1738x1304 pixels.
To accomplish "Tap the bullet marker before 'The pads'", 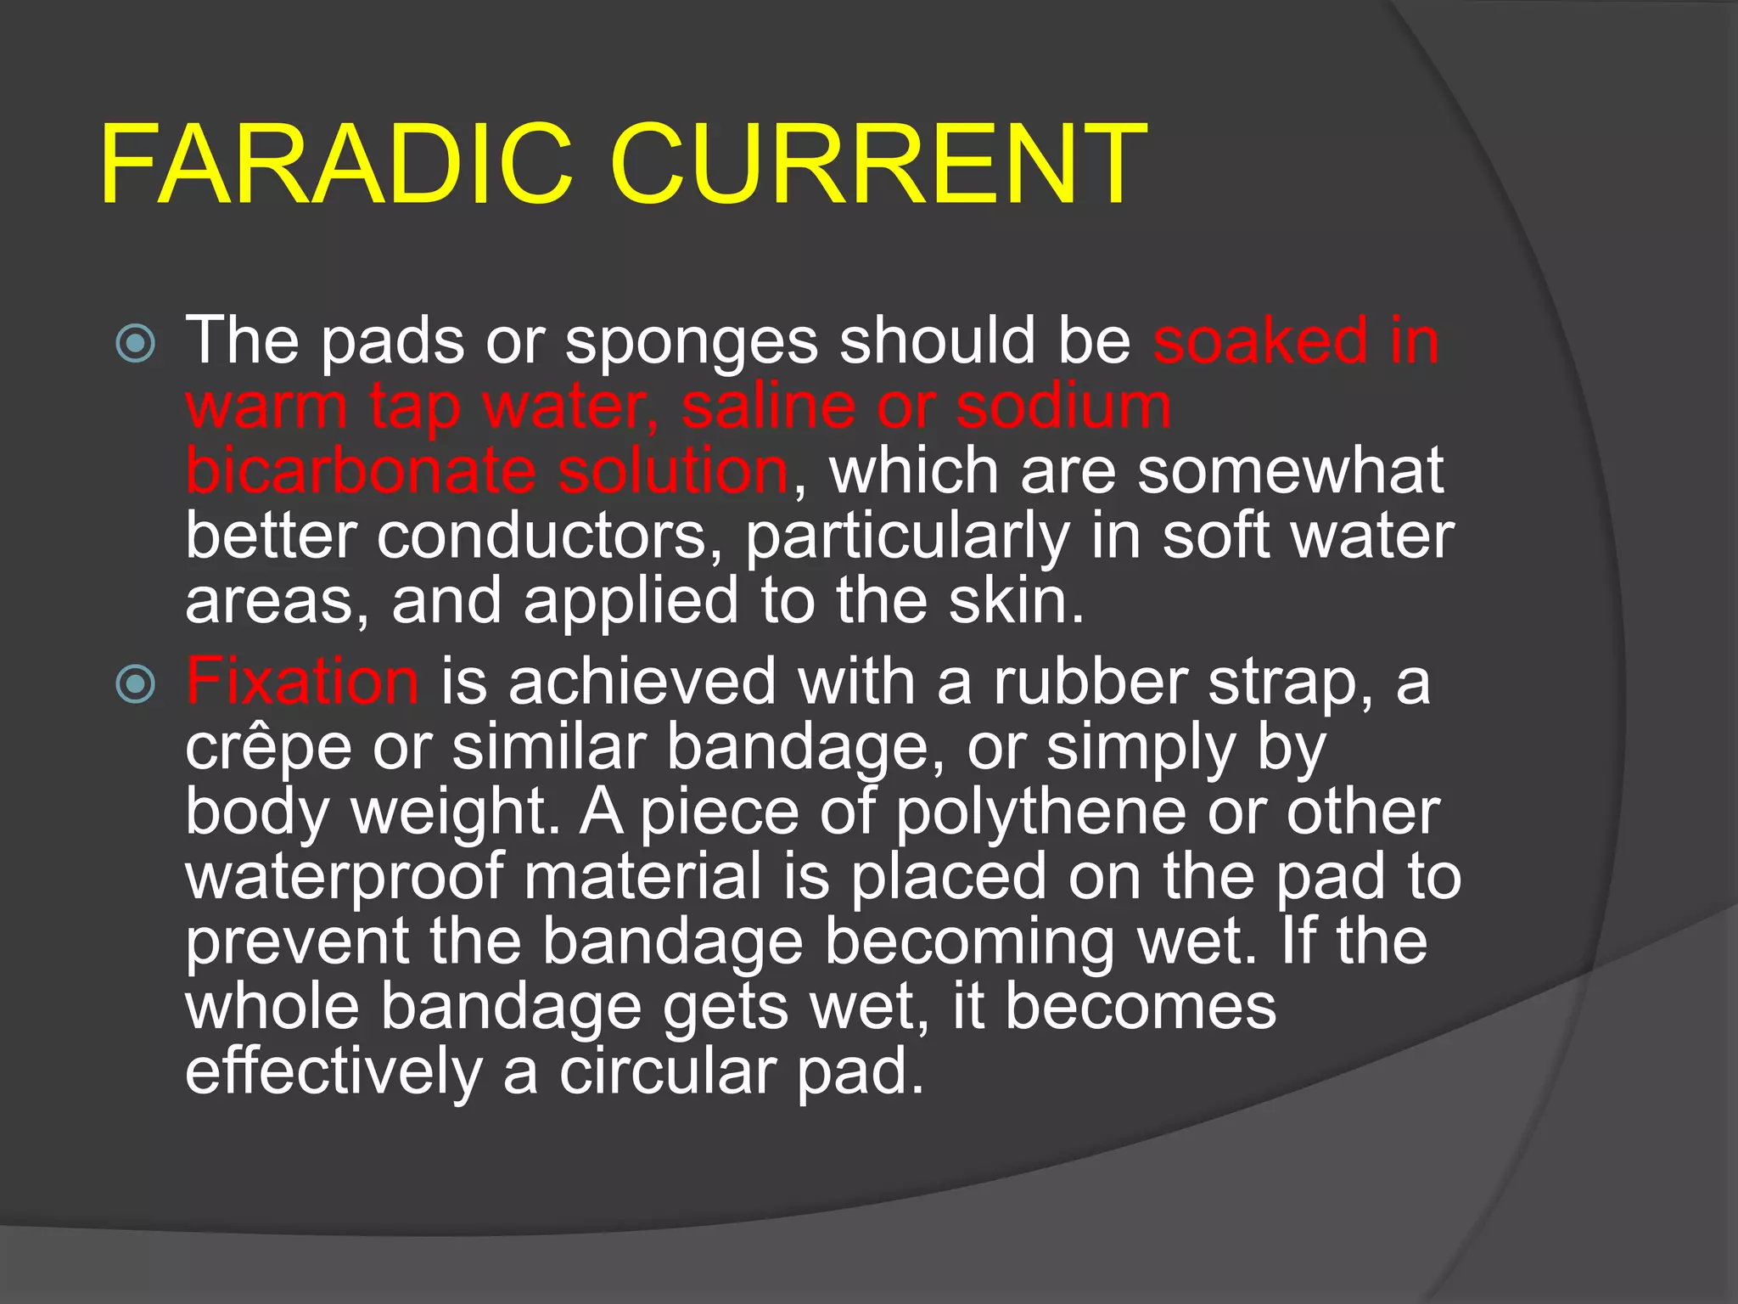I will pyautogui.click(x=136, y=344).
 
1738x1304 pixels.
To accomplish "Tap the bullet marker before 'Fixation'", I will pyautogui.click(x=136, y=684).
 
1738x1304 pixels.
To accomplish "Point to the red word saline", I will pyautogui.click(x=769, y=406).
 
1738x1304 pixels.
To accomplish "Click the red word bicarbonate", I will pyautogui.click(x=361, y=470).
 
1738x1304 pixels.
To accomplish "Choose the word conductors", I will pyautogui.click(x=543, y=537).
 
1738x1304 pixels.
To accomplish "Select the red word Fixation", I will pyautogui.click(x=302, y=681).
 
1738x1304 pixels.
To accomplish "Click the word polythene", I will pyautogui.click(x=1040, y=813).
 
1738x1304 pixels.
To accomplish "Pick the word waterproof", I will pyautogui.click(x=345, y=878).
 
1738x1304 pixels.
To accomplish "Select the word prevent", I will pyautogui.click(x=297, y=942).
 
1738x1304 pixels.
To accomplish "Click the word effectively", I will pyautogui.click(x=334, y=1071).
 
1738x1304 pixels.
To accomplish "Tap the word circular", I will pyautogui.click(x=667, y=1071).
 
